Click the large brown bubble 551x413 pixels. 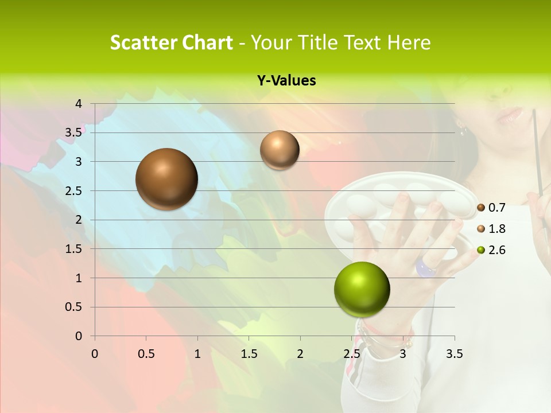(x=167, y=179)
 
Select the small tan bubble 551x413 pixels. (x=280, y=150)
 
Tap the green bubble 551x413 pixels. (x=362, y=289)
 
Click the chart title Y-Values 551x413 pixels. (x=286, y=81)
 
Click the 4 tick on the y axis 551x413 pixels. (x=79, y=104)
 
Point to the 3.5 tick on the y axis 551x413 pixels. (x=73, y=133)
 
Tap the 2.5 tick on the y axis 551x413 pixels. (x=73, y=191)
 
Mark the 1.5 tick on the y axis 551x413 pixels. (x=73, y=249)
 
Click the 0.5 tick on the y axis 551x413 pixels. (x=73, y=307)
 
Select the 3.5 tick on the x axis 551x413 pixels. (x=454, y=354)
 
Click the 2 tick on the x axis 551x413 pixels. (x=300, y=354)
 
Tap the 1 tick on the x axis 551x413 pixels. (x=197, y=354)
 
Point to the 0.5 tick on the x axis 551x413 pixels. (x=146, y=354)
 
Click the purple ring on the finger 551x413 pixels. (x=425, y=267)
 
